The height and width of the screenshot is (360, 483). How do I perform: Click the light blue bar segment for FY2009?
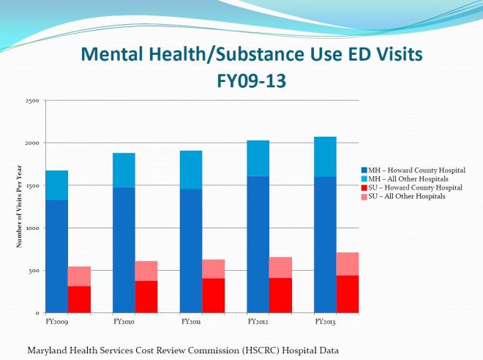(56, 185)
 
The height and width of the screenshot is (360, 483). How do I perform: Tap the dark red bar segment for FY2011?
(213, 295)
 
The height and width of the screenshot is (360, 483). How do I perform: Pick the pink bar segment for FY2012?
(280, 267)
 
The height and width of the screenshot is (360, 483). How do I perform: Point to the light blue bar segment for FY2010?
(124, 170)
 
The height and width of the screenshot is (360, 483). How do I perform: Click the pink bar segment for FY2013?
(348, 263)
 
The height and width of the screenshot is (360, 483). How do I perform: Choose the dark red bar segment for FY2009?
(79, 299)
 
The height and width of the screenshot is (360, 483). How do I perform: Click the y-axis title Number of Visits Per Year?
(19, 207)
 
